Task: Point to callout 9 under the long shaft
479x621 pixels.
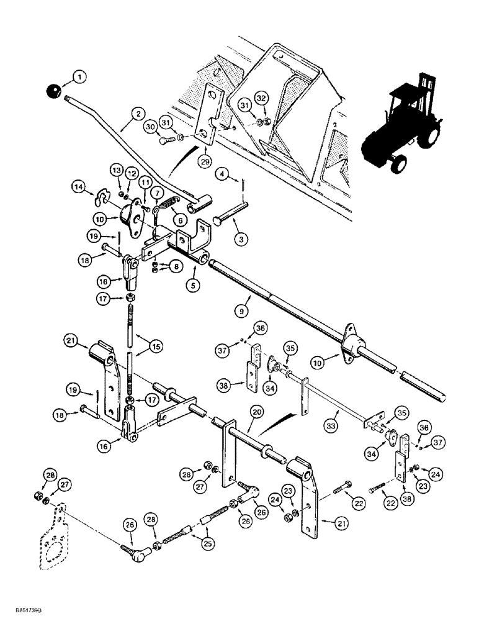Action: coord(243,306)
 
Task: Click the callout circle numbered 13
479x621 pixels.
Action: coord(116,170)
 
